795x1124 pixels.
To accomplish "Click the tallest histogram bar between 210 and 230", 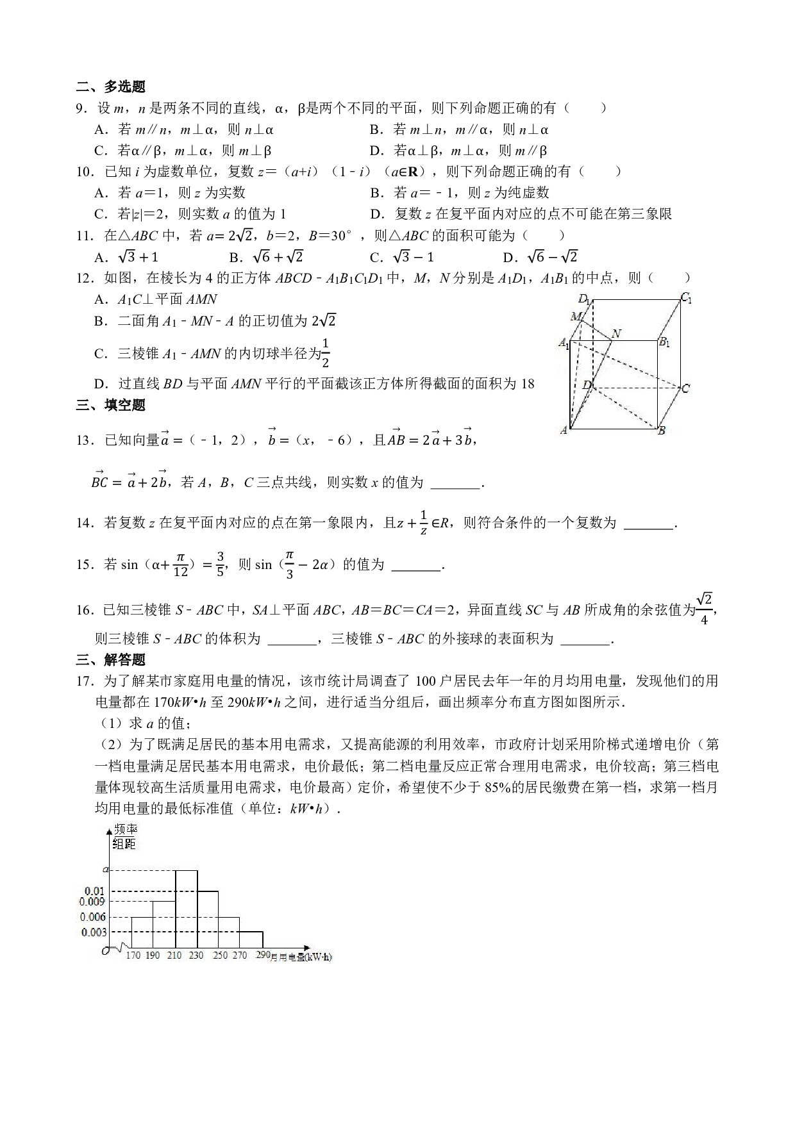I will [186, 909].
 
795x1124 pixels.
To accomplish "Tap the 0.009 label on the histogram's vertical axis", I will [93, 902].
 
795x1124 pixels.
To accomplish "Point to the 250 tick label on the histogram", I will [220, 955].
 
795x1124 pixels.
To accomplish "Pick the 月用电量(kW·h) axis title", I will [301, 957].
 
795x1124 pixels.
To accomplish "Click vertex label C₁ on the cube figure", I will [686, 297].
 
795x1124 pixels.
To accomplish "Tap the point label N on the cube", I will [617, 333].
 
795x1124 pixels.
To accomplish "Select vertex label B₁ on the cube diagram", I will [665, 342].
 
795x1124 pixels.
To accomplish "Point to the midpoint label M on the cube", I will [576, 316].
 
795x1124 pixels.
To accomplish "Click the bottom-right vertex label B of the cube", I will [662, 431].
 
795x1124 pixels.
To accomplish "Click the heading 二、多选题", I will [111, 87].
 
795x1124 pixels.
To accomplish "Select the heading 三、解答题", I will [111, 659].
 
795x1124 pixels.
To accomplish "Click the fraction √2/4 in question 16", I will [704, 609].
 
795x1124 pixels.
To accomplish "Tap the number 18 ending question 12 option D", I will [528, 384].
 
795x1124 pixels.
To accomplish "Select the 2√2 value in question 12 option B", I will [324, 320].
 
